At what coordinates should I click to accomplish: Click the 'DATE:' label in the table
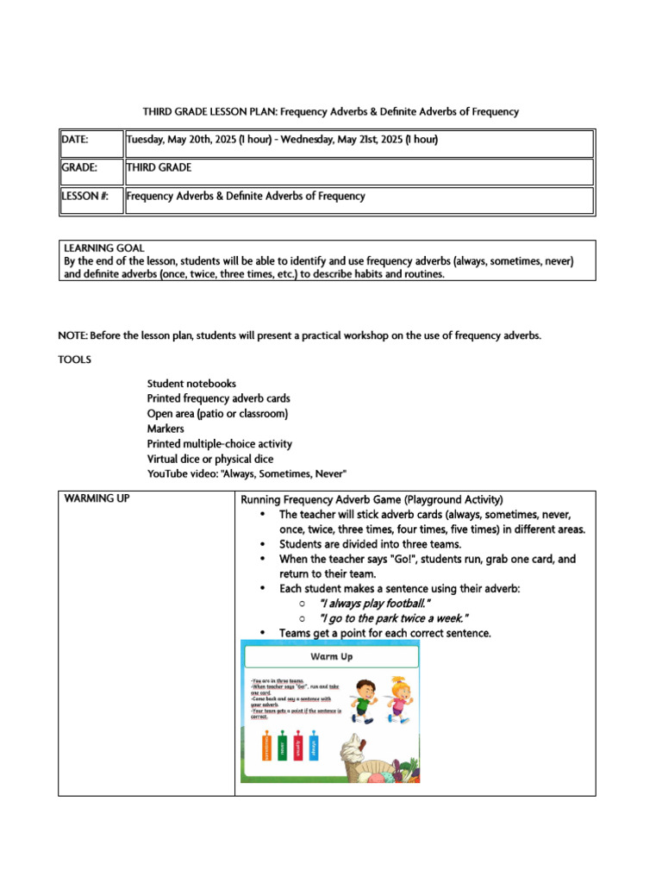pyautogui.click(x=75, y=140)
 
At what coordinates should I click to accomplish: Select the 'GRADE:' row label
pyautogui.click(x=79, y=168)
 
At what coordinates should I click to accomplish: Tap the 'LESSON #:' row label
pyautogui.click(x=84, y=197)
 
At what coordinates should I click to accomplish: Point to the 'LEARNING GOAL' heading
pyautogui.click(x=104, y=248)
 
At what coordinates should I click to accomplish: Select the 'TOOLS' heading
pyautogui.click(x=74, y=359)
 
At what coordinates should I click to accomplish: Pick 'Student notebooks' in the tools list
pyautogui.click(x=191, y=383)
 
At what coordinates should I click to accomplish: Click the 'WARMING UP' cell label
pyautogui.click(x=97, y=499)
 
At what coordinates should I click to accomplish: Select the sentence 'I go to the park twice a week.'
pyautogui.click(x=393, y=618)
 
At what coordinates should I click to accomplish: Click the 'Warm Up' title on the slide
pyautogui.click(x=332, y=657)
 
